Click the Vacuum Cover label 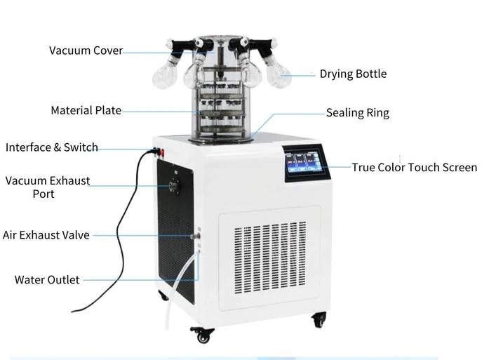point(86,51)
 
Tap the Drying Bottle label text point(353,74)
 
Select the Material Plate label point(86,110)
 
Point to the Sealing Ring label point(358,113)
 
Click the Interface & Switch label point(52,147)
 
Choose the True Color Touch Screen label point(415,167)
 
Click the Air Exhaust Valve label point(46,235)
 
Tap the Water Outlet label point(47,280)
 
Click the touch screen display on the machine point(303,162)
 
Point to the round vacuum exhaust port point(174,186)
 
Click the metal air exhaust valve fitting point(196,236)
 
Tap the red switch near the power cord point(162,153)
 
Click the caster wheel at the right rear point(319,320)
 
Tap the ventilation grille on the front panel point(270,258)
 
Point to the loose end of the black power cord point(73,311)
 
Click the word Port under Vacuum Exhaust point(43,194)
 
